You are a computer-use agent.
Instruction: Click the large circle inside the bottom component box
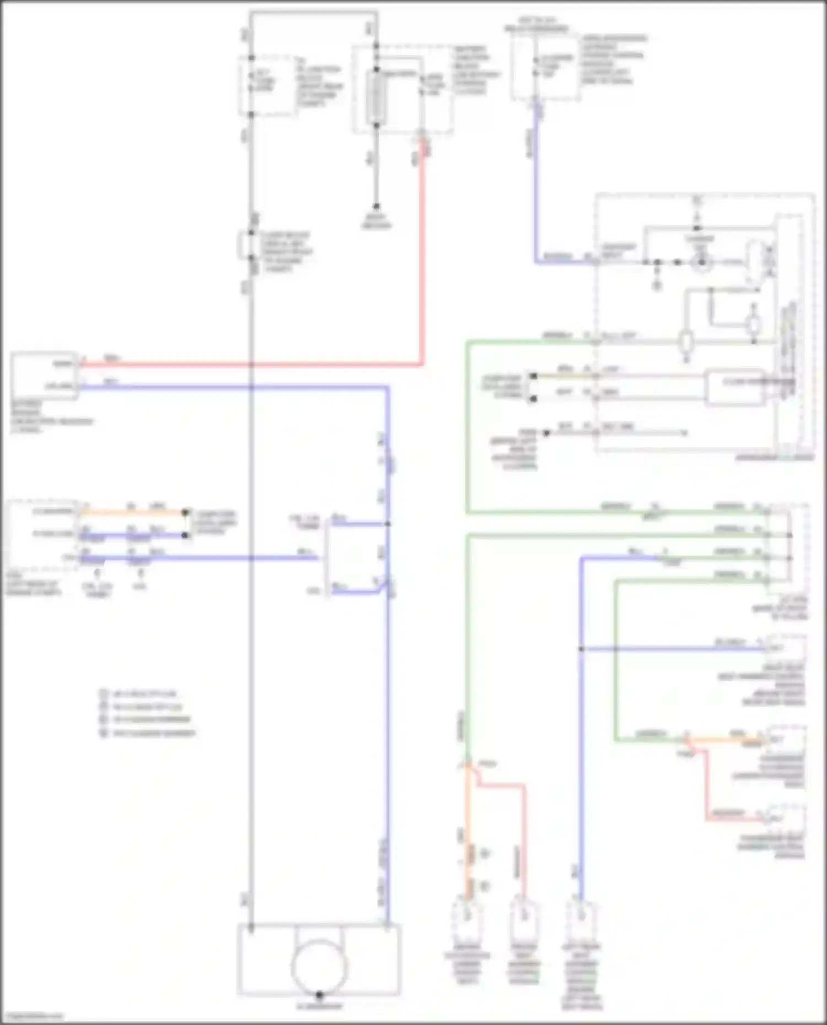point(319,967)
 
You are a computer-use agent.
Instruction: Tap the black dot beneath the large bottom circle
point(319,995)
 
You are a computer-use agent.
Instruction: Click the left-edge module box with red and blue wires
point(44,375)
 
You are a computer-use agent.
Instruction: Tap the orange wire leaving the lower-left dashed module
point(132,512)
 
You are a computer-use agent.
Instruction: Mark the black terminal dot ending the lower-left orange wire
point(186,512)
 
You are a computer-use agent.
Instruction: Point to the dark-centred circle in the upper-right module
point(701,263)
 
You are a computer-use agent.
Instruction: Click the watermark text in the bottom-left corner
point(31,1017)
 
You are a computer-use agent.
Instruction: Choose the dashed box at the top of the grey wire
point(267,85)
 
